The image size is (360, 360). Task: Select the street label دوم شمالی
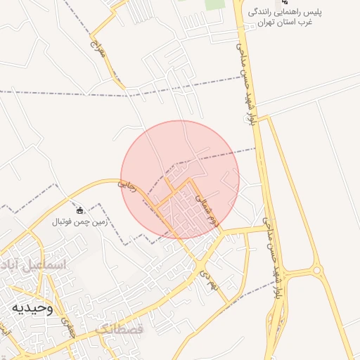207,208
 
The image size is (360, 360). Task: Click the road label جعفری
68,325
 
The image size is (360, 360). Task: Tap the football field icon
79,210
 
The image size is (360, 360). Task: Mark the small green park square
214,4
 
